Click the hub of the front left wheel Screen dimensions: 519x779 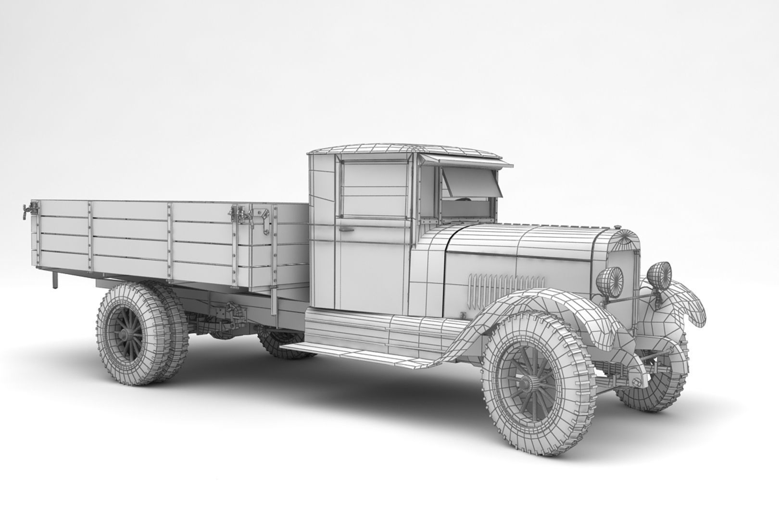528,383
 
